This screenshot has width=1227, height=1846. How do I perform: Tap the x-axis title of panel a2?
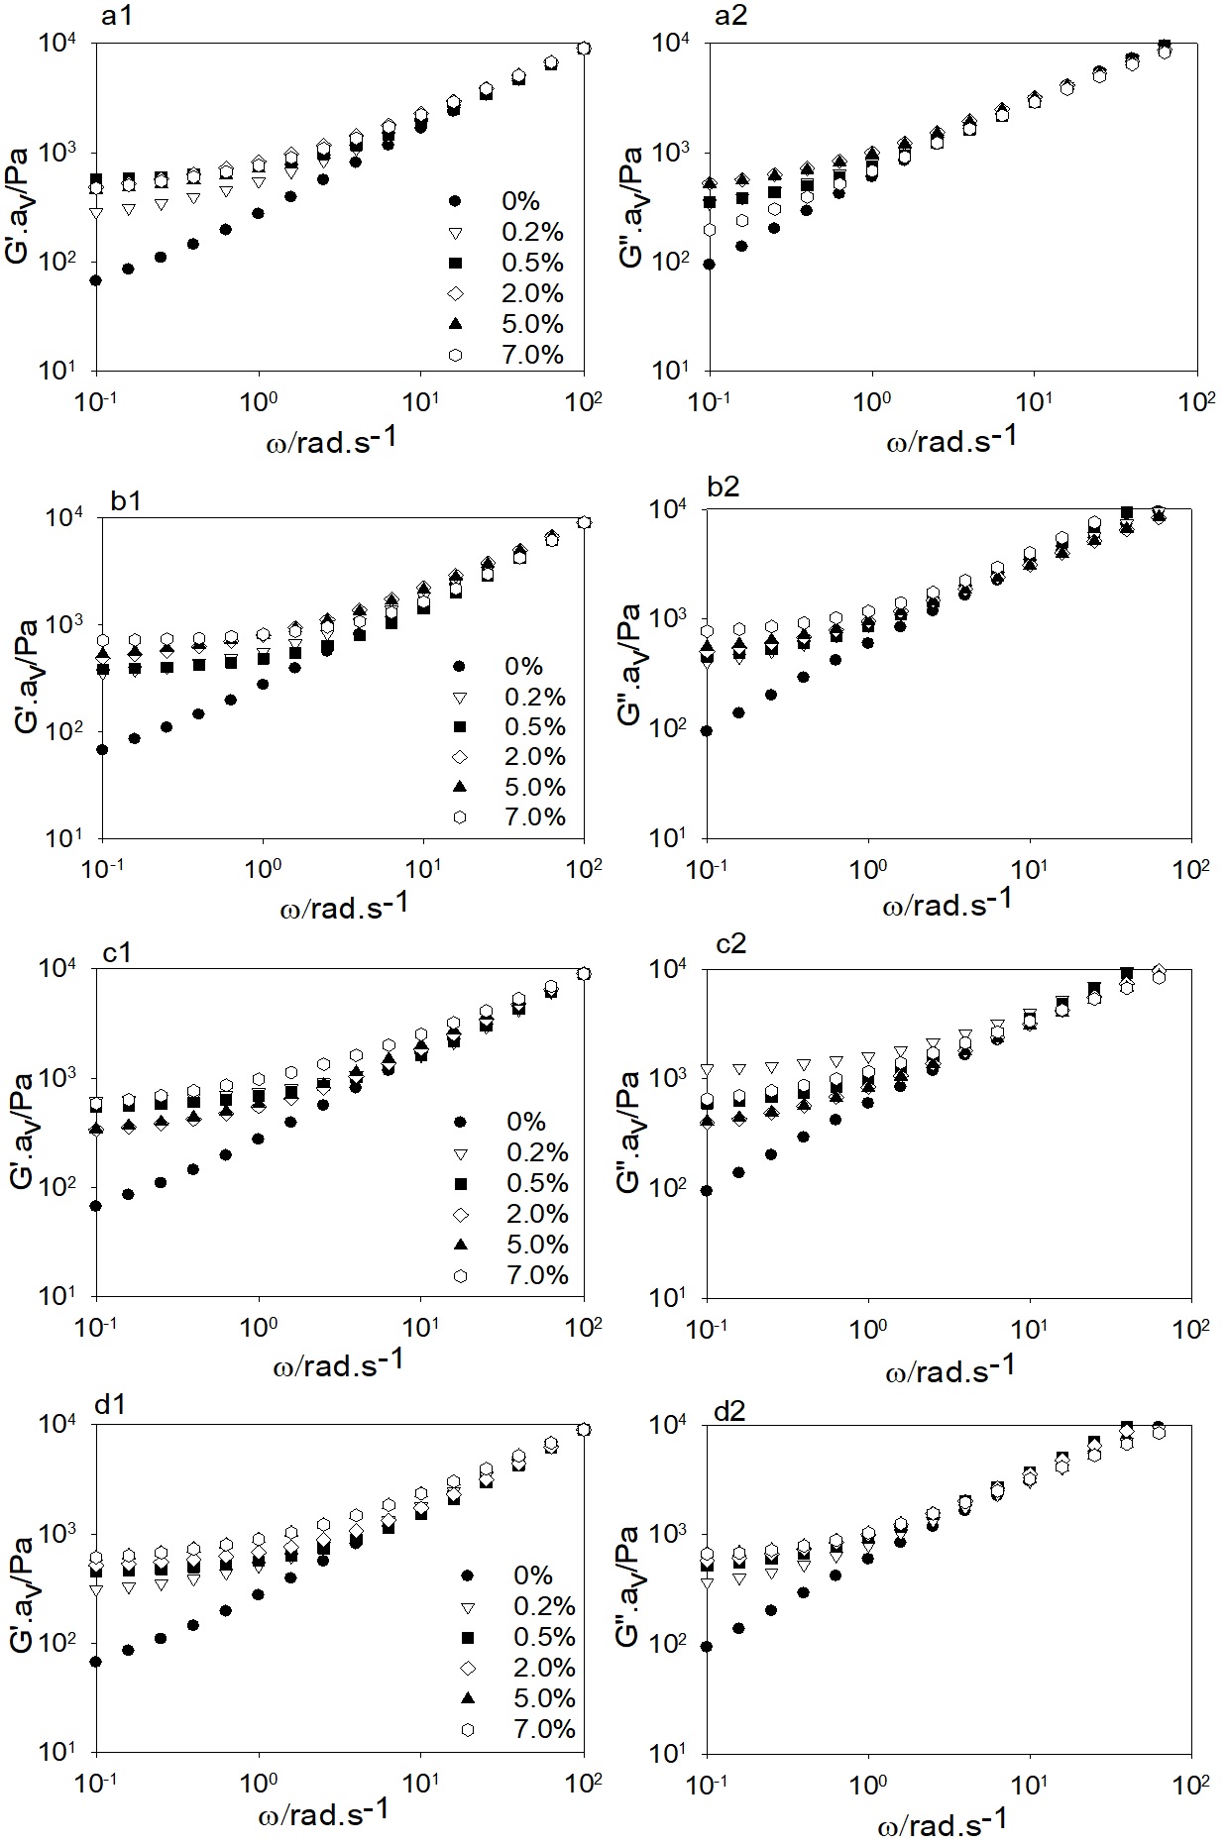(x=950, y=439)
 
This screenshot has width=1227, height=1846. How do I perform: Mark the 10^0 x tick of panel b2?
(x=868, y=870)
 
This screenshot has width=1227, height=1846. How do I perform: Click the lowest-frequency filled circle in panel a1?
(x=96, y=280)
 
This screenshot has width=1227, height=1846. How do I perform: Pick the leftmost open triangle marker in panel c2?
(x=707, y=1070)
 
